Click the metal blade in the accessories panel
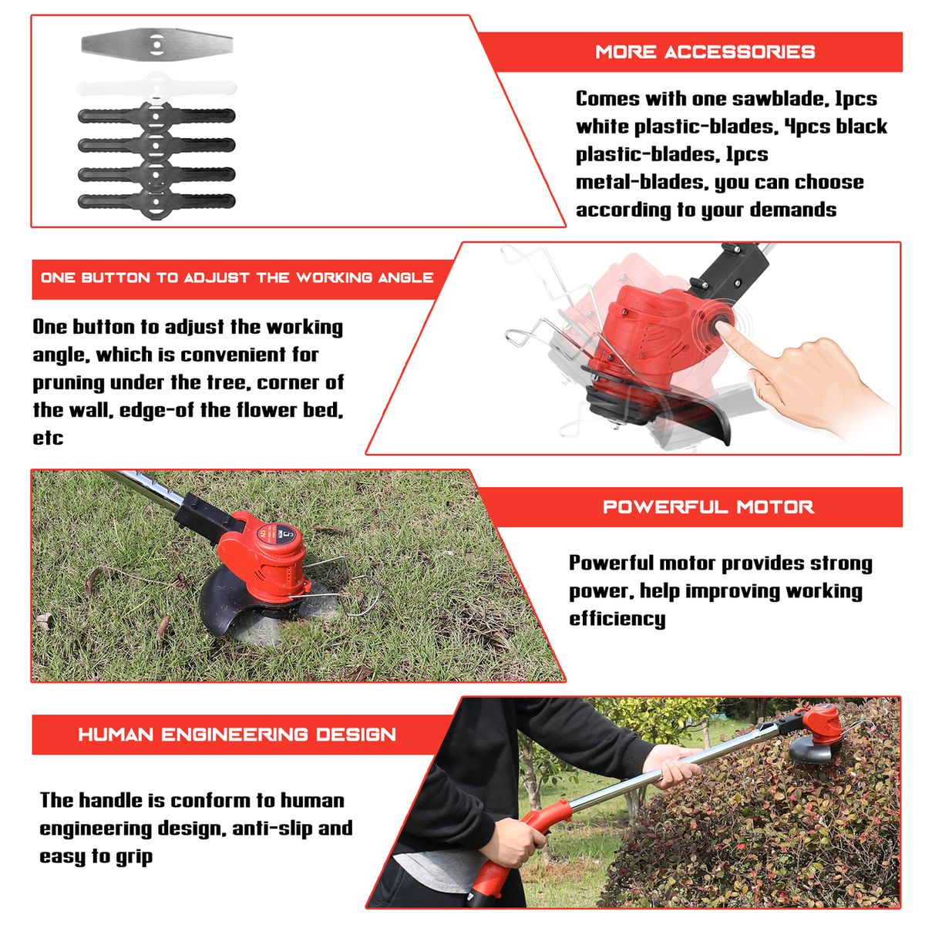[x=157, y=45]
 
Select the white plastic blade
[x=156, y=88]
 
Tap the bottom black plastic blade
[x=156, y=202]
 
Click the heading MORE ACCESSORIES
[x=705, y=52]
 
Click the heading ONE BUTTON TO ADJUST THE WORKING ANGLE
[x=237, y=277]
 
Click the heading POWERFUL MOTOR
[x=708, y=507]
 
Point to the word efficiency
[x=617, y=619]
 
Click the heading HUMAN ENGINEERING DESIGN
[x=237, y=735]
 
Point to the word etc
[x=48, y=439]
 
